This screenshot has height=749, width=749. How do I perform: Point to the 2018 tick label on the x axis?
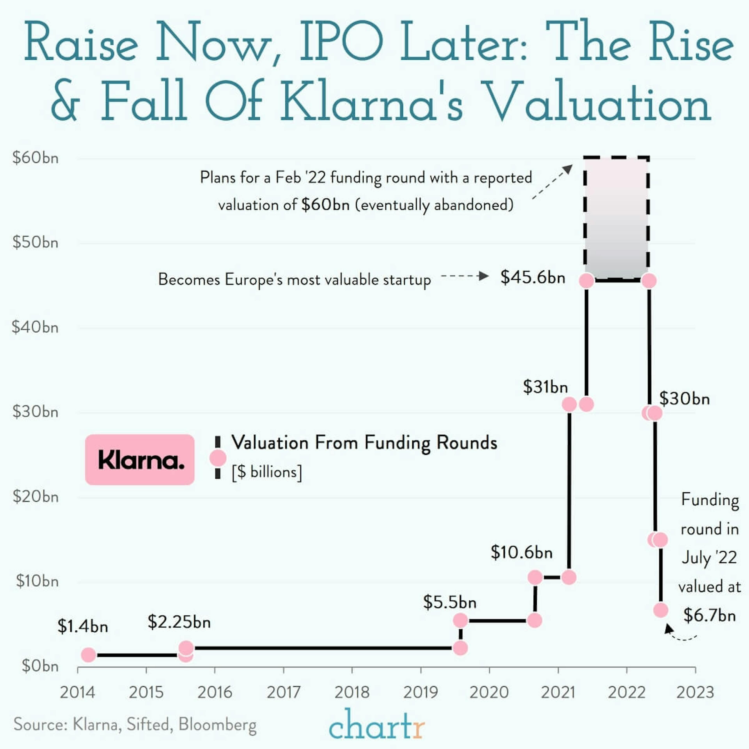click(x=352, y=692)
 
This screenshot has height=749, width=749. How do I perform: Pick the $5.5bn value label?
click(x=449, y=602)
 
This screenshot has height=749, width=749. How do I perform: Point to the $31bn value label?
click(x=545, y=387)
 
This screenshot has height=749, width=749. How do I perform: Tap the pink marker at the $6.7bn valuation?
click(x=661, y=610)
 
